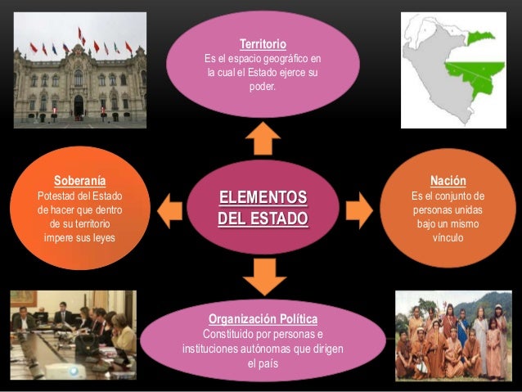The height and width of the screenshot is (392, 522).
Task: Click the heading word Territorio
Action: pos(263,43)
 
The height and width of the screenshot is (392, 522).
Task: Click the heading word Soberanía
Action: pos(79,180)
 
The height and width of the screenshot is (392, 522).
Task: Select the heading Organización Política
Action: pos(263,318)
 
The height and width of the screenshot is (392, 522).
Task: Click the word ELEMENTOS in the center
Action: pos(263,198)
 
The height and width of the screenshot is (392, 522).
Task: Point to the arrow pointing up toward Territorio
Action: pos(263,138)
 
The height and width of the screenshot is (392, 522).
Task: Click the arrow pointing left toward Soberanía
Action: pos(169,210)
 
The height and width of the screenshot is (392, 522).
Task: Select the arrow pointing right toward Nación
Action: pos(358,210)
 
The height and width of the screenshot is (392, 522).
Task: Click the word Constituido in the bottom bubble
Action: pos(232,334)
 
